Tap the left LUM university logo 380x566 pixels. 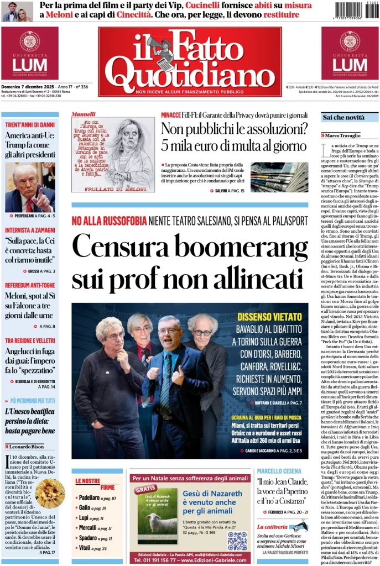tap(29, 54)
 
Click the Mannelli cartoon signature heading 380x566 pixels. tap(84, 114)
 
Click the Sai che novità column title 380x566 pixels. tap(344, 118)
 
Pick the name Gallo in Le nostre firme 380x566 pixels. tap(85, 508)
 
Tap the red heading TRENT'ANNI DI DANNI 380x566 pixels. tap(30, 125)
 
